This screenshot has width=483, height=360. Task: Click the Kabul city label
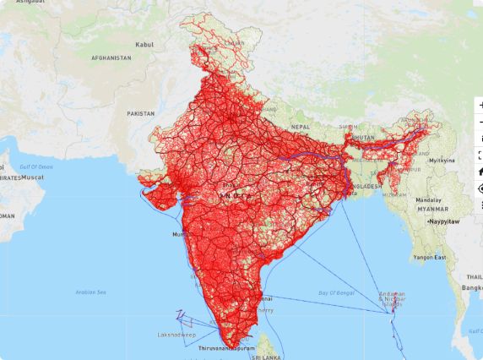point(144,44)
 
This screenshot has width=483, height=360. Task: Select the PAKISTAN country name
point(141,113)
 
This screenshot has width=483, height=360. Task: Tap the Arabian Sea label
point(90,292)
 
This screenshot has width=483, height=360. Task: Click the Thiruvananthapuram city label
point(227,347)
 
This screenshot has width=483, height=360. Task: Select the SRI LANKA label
point(267,357)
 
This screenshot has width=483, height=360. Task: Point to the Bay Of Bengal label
point(335,292)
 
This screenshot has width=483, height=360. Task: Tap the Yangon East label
point(429,257)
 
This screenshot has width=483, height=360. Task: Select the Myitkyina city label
point(442,160)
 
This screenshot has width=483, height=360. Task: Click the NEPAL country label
point(301,126)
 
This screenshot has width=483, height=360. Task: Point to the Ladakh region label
point(235,43)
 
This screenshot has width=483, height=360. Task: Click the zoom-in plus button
point(480,104)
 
